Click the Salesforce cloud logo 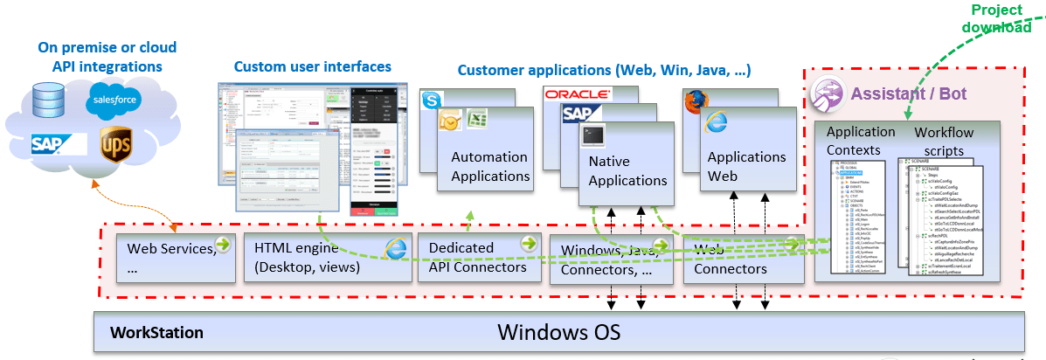tap(114, 103)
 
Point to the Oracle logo tap(578, 93)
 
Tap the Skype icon tap(432, 100)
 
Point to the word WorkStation tap(156, 333)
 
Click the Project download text tap(996, 18)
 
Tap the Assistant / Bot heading tap(908, 93)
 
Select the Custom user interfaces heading tap(312, 66)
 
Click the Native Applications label tap(627, 171)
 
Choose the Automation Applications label tap(489, 166)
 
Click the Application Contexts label tap(861, 141)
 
